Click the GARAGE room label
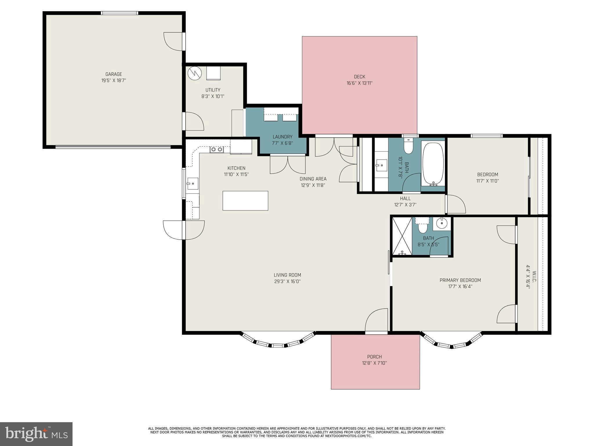113,74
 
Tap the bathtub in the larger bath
433,163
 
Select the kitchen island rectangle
245,201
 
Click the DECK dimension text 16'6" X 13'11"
359,83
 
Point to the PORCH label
374,357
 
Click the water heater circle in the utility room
194,73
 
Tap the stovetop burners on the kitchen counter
217,150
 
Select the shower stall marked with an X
402,236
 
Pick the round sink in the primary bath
442,224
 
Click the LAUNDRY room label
282,137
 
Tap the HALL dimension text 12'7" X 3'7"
405,204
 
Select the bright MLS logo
36,434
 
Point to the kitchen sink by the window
192,184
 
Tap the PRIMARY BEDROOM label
460,280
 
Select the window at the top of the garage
119,13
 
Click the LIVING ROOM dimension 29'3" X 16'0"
287,281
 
